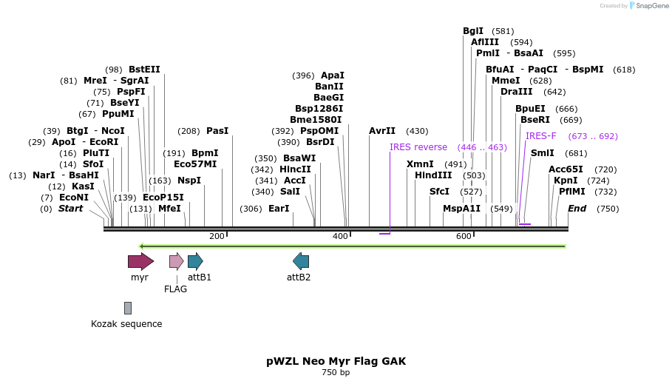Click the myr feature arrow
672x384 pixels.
(x=140, y=260)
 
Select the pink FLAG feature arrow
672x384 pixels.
(x=176, y=260)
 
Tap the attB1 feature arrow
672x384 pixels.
(x=195, y=260)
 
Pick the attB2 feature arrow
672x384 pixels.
(x=301, y=260)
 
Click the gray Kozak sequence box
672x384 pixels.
(x=128, y=308)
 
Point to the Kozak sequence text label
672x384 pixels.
(x=126, y=323)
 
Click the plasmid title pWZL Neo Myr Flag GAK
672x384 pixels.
(x=336, y=361)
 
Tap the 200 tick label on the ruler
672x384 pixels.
(x=217, y=236)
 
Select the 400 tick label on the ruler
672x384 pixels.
(x=340, y=236)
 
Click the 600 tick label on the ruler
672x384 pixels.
(x=464, y=236)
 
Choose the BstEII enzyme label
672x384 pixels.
(x=144, y=70)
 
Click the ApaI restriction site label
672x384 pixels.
(x=332, y=75)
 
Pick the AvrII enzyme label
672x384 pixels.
(x=382, y=131)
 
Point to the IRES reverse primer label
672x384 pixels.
(x=418, y=147)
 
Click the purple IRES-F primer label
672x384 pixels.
(x=540, y=136)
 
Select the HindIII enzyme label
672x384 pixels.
(x=433, y=175)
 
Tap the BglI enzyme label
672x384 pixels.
(x=472, y=31)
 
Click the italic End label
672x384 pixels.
(x=577, y=209)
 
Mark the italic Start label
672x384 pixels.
(x=70, y=209)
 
